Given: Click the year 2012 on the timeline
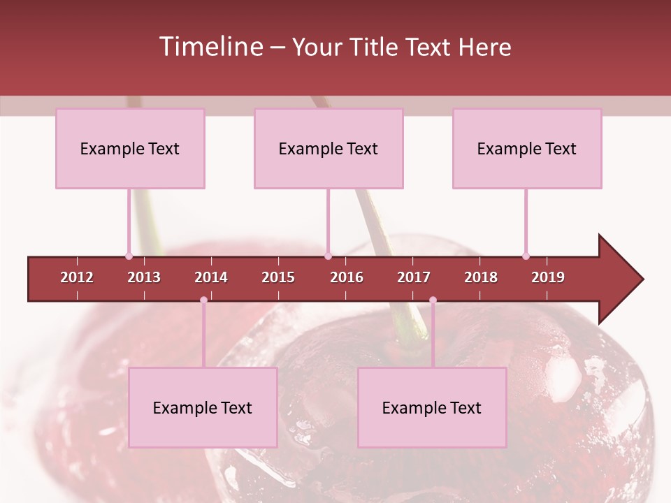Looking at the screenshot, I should (x=77, y=277).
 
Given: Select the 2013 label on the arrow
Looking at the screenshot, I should (x=144, y=277).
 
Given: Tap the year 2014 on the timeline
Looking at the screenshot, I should (x=211, y=277).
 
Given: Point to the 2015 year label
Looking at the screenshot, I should (x=278, y=277).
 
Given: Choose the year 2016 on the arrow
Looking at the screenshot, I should (x=347, y=277).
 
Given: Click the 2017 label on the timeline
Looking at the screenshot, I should (x=414, y=277).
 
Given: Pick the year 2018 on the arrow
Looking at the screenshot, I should (x=481, y=277).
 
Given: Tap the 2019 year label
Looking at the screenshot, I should (x=548, y=277).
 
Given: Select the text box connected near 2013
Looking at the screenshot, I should (x=130, y=148).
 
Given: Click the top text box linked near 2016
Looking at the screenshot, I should (x=329, y=148).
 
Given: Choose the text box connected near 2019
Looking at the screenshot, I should (x=527, y=148).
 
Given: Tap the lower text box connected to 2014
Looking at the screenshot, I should (x=203, y=407).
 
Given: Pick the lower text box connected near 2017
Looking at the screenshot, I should (x=432, y=407).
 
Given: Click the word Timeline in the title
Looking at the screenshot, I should (x=210, y=47).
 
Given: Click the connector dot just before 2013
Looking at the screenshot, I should (x=129, y=256).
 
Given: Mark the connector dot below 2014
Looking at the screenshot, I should (x=203, y=300).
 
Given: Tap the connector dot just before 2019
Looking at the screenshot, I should (x=526, y=256).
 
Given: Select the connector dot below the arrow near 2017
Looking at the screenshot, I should (x=433, y=300).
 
